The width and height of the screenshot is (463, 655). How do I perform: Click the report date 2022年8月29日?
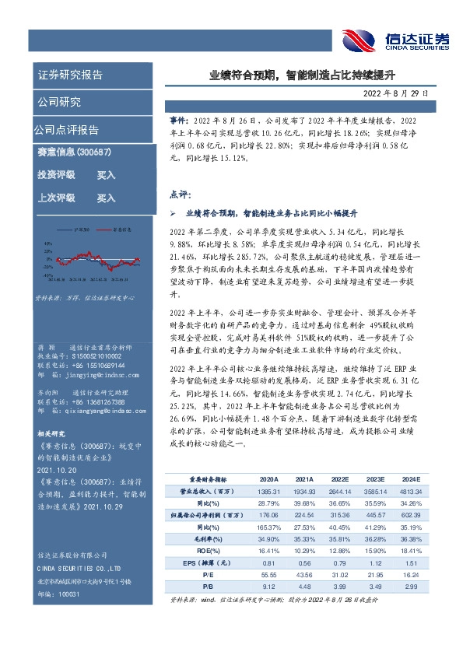click(406, 93)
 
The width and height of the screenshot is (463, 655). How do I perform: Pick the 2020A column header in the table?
click(268, 480)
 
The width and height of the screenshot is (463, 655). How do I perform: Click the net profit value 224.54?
click(304, 515)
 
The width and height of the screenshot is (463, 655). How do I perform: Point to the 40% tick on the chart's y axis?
click(48, 242)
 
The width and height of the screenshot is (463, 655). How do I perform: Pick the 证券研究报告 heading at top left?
click(70, 75)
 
